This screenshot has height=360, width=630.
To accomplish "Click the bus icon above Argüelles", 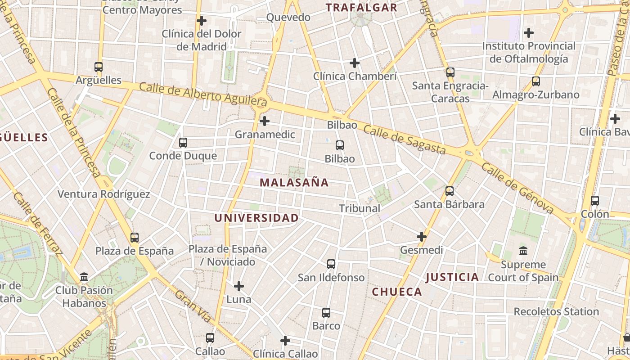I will [99, 67].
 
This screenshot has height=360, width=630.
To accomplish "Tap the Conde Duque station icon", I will [183, 143].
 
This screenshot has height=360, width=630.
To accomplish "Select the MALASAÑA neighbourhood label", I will [294, 183].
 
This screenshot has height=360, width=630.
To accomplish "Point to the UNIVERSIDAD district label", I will [256, 218].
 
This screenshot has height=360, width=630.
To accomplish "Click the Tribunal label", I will [360, 208].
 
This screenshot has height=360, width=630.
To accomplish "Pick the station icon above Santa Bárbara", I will [450, 191].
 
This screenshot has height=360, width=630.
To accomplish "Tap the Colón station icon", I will [595, 201].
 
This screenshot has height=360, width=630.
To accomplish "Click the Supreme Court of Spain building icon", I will [523, 251].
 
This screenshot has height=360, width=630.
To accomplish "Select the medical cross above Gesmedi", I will [422, 237].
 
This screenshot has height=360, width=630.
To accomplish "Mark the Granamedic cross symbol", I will [265, 121].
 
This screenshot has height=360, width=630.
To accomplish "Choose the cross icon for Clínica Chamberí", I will [355, 63].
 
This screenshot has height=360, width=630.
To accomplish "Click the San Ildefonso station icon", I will [331, 264].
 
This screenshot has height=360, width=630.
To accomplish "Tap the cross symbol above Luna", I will [239, 286].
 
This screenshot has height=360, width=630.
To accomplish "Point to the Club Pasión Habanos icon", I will [84, 277].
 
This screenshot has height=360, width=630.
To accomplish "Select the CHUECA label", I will [397, 292].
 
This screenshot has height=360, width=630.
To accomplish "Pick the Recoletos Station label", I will [556, 311].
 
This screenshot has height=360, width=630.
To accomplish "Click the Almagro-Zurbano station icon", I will [535, 81].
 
